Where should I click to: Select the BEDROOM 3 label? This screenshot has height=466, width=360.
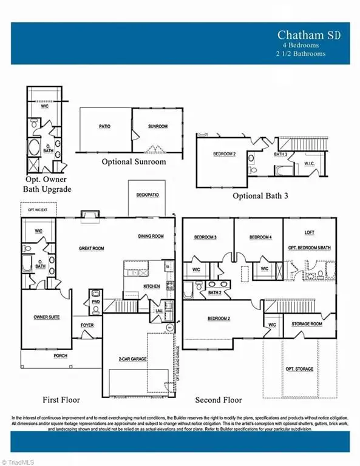206,237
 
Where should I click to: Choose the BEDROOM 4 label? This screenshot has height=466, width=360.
260,237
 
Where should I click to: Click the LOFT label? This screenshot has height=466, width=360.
309,232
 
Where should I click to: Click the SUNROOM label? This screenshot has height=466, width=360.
157,127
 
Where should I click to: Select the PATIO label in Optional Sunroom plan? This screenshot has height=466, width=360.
104,127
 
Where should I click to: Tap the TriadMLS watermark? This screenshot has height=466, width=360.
19,461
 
